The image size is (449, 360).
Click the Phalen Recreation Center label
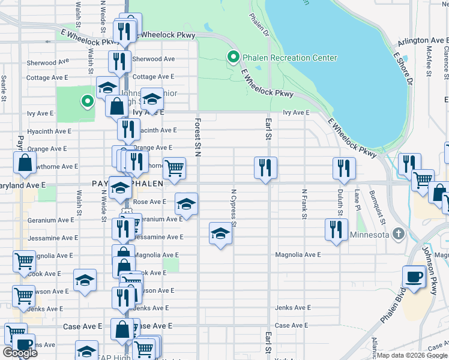[x=290, y=58]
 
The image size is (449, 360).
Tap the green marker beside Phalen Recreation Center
[x=233, y=58]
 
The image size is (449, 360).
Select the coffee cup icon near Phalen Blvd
[x=414, y=277]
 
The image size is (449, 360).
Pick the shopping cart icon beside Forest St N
[x=174, y=169]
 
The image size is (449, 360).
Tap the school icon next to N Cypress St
[x=220, y=233]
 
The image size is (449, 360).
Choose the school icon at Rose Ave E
[x=186, y=204]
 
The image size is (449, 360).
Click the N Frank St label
[x=304, y=203]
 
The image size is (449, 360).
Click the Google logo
[x=20, y=353]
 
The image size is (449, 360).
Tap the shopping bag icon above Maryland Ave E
[x=25, y=163]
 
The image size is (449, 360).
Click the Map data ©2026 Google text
[x=412, y=355]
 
